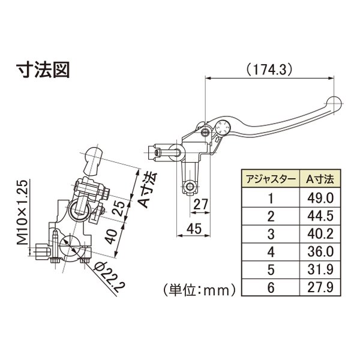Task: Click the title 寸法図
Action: pos(43,70)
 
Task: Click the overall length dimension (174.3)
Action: pos(269,69)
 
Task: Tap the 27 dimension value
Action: pos(200,204)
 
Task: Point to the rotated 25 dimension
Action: pos(121,208)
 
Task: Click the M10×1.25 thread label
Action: pos(22,212)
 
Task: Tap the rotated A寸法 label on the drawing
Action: pos(149,190)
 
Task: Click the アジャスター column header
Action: pos(271,179)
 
